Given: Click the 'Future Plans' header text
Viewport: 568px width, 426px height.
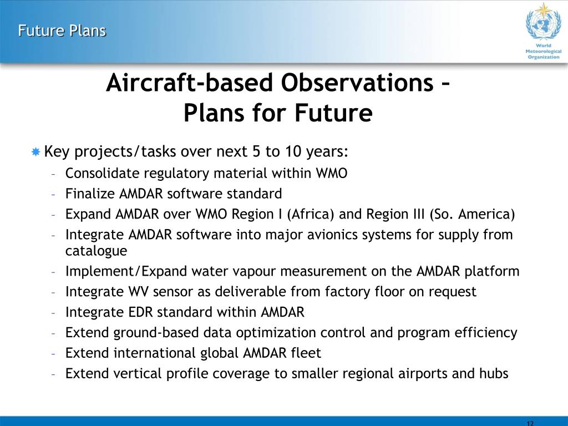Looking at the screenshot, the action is coord(62,31).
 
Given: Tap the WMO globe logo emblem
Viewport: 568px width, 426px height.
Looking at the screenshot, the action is coord(544,22).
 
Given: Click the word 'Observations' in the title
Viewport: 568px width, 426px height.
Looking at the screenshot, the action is coord(357,83).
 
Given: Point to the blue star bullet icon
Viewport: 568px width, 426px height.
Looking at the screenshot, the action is coord(35,151).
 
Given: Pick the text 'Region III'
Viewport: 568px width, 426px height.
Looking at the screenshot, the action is coord(395,214).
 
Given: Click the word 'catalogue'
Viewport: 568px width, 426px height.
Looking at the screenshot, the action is coord(96,251).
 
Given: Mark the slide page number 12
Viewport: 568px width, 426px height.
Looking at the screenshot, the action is coord(530,423).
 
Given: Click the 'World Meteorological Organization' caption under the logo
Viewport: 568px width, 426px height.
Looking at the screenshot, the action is coord(544,52).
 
